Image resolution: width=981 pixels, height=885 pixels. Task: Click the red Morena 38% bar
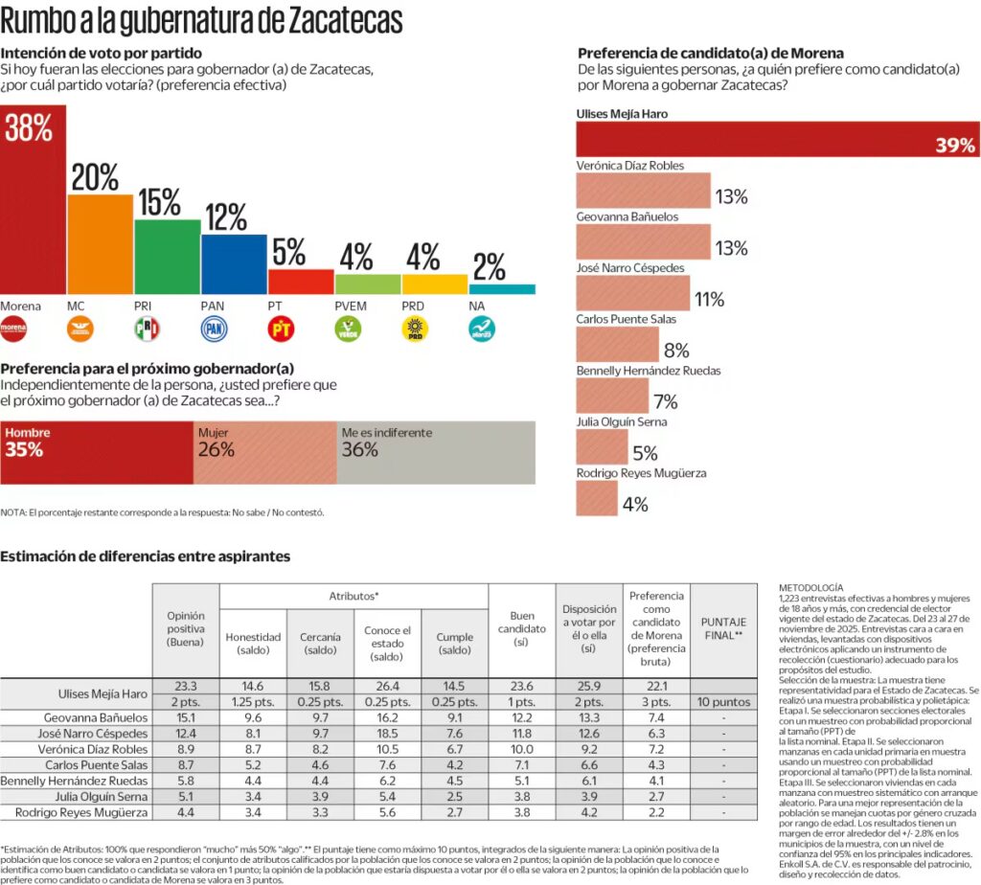[x=34, y=211]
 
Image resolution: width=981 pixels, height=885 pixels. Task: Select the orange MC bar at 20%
[x=101, y=244]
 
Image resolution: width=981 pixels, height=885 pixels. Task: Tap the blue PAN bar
[x=234, y=263]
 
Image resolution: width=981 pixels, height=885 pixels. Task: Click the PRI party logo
[x=147, y=330]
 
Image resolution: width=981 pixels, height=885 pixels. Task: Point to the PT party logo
[x=280, y=330]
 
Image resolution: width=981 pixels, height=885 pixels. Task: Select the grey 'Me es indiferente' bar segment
[x=436, y=452]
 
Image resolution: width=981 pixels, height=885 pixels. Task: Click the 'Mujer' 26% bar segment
[x=264, y=452]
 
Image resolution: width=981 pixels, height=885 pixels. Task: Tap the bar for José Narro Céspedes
[x=633, y=293]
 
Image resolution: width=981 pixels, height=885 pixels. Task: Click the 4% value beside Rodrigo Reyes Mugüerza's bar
[x=635, y=505]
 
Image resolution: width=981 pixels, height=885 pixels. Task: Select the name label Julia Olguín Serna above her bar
[x=622, y=421]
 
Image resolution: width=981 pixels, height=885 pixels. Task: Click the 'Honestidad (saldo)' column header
[x=253, y=644]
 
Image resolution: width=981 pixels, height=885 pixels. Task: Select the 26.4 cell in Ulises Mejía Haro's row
[x=387, y=686]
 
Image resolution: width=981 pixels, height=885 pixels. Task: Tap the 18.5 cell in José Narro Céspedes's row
[x=387, y=733]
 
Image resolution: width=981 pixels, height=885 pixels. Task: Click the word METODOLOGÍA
[x=810, y=587]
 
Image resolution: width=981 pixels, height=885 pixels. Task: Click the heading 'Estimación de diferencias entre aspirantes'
[x=145, y=556]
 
